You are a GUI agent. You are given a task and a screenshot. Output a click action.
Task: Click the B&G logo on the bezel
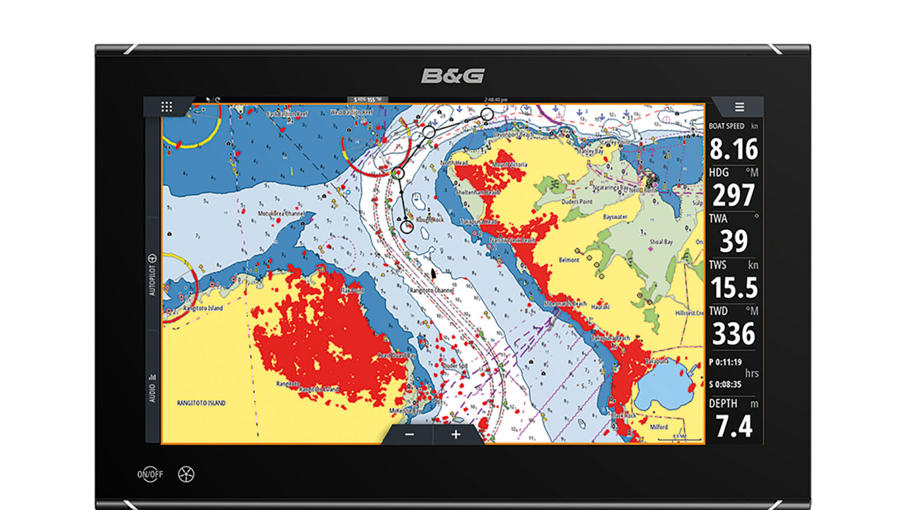[452, 76]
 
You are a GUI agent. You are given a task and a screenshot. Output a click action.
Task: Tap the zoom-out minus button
[409, 435]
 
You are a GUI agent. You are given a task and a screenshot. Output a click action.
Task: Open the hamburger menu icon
[739, 107]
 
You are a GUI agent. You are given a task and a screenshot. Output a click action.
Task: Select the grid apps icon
[167, 107]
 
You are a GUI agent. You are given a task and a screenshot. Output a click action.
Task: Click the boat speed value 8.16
[733, 149]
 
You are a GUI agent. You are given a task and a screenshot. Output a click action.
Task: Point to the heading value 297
[733, 195]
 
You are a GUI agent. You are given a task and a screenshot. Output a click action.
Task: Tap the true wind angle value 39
[733, 241]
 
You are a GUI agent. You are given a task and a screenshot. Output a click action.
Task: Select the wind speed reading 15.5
[733, 288]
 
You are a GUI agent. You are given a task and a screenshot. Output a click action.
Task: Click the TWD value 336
[733, 334]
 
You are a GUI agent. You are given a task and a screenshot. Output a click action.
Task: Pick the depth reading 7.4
[733, 426]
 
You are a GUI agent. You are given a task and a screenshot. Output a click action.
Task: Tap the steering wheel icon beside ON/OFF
[186, 474]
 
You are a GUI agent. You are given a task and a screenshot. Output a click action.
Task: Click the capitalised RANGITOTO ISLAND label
[201, 403]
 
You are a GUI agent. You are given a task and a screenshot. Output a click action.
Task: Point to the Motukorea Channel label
[281, 213]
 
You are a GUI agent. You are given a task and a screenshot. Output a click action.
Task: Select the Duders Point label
[576, 202]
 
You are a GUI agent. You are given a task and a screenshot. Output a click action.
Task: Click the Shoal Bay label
[661, 242]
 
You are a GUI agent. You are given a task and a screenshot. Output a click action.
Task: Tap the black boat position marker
[434, 273]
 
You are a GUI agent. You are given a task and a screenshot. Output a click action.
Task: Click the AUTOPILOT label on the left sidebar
[152, 275]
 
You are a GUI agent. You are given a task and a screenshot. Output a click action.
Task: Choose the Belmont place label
[569, 259]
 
